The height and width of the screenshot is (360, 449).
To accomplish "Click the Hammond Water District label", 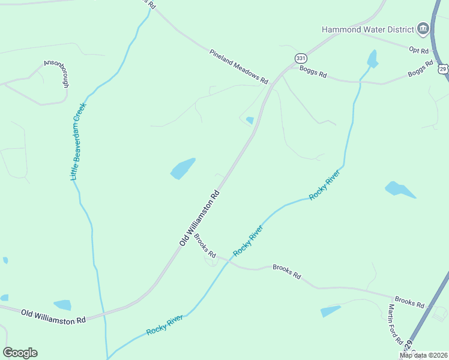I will point(368,29).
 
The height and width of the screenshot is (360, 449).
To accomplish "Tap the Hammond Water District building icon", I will point(423,29).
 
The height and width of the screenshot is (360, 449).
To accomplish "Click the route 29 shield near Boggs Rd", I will point(444,70).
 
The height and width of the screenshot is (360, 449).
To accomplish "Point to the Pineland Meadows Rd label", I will point(239,67).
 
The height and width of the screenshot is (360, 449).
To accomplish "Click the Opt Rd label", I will point(418,50).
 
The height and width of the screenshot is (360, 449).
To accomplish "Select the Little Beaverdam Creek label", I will point(79,142).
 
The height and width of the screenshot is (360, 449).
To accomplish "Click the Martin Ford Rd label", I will point(395,324).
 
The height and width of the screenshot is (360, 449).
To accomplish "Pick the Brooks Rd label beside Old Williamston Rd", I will point(205,245).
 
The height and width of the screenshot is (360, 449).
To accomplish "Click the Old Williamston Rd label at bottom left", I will point(53,316).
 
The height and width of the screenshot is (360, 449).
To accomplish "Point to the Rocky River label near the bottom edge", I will point(164,325).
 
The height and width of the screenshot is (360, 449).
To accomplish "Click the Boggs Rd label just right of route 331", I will point(315,74).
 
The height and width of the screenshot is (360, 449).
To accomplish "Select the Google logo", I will point(20,353).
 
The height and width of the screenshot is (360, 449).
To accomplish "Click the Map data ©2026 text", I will point(423,355).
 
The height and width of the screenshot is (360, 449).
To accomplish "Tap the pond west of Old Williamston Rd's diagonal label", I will point(183,169).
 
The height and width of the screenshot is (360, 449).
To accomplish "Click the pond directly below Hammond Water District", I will point(373,59).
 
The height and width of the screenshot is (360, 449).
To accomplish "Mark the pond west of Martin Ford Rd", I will point(330,311).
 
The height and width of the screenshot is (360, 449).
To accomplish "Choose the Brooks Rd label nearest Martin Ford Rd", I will point(409,301).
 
